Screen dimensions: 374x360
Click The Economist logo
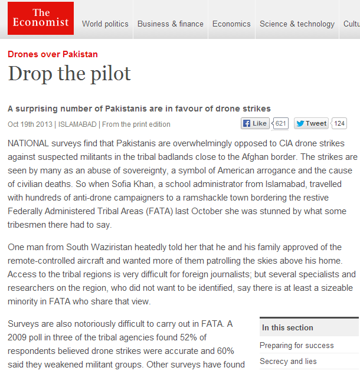click(x=41, y=18)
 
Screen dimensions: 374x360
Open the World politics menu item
click(x=105, y=24)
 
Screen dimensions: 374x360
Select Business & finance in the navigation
click(x=171, y=24)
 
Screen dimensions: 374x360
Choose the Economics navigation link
click(x=231, y=24)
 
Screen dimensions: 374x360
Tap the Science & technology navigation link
click(x=297, y=24)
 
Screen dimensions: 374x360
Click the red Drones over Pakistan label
click(x=53, y=54)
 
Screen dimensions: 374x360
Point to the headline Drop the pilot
click(x=69, y=74)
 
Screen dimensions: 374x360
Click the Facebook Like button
click(x=255, y=123)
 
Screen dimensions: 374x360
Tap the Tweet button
click(x=311, y=123)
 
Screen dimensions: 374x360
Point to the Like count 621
click(x=281, y=123)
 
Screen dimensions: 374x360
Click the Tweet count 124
click(x=339, y=123)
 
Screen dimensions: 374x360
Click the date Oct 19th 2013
click(x=30, y=124)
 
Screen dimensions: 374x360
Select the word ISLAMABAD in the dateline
click(x=77, y=124)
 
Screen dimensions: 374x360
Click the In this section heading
click(x=288, y=327)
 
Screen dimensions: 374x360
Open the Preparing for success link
click(x=297, y=346)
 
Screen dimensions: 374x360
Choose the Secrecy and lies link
click(x=288, y=361)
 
